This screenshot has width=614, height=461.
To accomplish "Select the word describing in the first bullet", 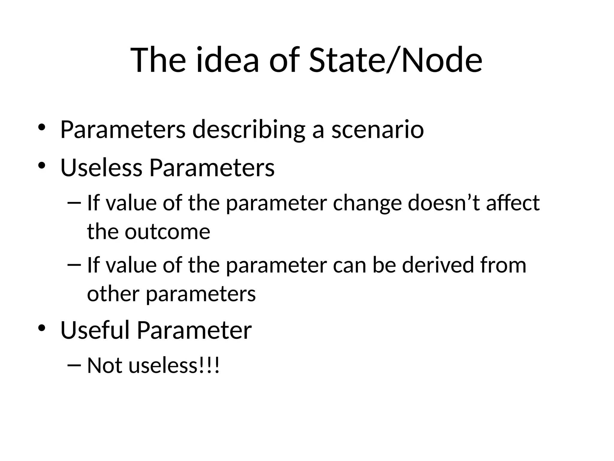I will coord(249,130).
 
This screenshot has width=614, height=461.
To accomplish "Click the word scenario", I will coord(377,130).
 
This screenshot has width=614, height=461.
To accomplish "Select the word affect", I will coord(513,203).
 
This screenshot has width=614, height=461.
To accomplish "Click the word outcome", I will coord(167,232).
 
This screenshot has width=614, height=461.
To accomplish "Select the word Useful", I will coord(95,330).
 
